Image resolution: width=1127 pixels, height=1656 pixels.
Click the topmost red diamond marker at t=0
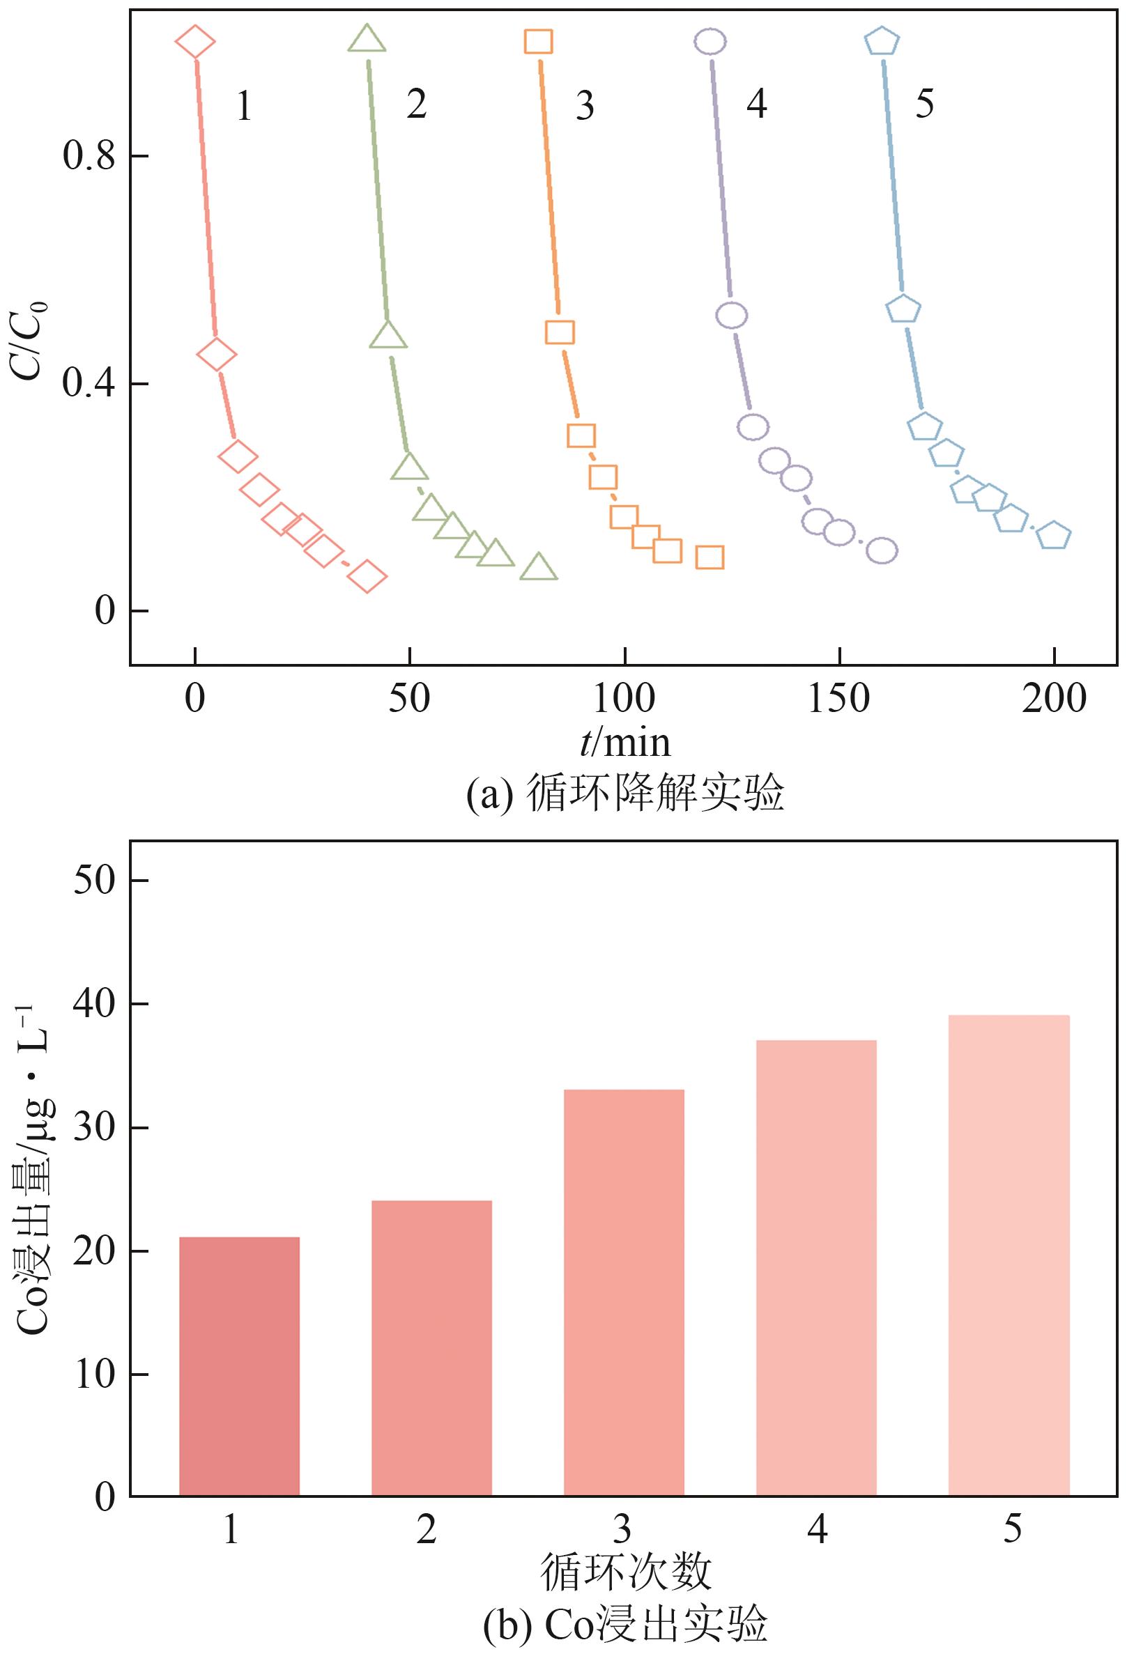(194, 41)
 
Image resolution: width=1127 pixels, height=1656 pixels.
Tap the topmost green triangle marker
(367, 40)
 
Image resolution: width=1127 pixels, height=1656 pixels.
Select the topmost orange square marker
(538, 41)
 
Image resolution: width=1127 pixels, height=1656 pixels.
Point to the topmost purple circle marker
(710, 41)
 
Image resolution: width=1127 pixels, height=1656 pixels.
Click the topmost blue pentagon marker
(882, 41)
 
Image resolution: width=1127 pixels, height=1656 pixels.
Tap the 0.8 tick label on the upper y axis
(89, 156)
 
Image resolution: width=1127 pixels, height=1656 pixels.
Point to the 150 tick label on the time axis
(838, 699)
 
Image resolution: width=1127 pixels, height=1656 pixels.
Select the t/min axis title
(625, 743)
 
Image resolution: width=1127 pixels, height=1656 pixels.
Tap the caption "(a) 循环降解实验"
(625, 793)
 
